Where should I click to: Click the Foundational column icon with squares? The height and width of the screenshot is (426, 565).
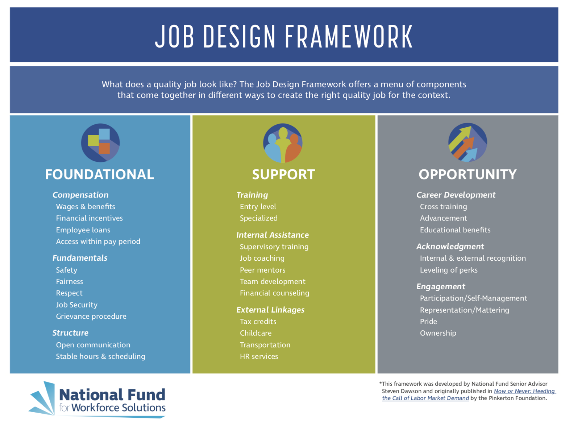pyautogui.click(x=100, y=142)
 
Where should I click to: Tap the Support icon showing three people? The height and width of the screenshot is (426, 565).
pyautogui.click(x=283, y=143)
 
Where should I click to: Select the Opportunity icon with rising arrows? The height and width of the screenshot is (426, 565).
pyautogui.click(x=468, y=142)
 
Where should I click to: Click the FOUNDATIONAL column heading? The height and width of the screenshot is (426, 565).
pyautogui.click(x=100, y=174)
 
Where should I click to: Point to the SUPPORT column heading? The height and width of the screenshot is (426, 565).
pyautogui.click(x=283, y=174)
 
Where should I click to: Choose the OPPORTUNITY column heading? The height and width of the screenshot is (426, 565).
pyautogui.click(x=468, y=174)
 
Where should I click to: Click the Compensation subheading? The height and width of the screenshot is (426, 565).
pyautogui.click(x=80, y=195)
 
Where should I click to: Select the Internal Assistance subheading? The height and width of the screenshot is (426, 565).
pyautogui.click(x=273, y=235)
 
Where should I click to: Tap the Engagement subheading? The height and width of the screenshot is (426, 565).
pyautogui.click(x=440, y=286)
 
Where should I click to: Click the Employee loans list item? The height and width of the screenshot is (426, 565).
pyautogui.click(x=83, y=230)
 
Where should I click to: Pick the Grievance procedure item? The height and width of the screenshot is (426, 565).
pyautogui.click(x=91, y=316)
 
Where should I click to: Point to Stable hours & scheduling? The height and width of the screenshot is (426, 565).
pyautogui.click(x=100, y=356)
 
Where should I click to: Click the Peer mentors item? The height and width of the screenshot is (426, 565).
pyautogui.click(x=262, y=270)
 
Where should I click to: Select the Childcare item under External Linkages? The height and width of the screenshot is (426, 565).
pyautogui.click(x=256, y=333)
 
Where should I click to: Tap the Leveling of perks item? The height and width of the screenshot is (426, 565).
pyautogui.click(x=449, y=270)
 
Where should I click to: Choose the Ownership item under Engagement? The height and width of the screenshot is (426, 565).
pyautogui.click(x=438, y=333)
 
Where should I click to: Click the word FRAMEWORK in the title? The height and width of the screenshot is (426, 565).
pyautogui.click(x=349, y=36)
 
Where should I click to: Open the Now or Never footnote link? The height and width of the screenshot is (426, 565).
pyautogui.click(x=524, y=391)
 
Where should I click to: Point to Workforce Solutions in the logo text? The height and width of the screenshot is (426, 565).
pyautogui.click(x=119, y=408)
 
